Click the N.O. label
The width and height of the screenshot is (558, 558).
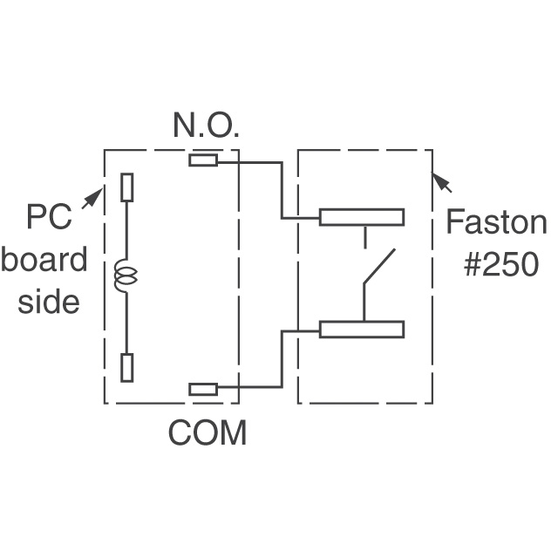(206, 126)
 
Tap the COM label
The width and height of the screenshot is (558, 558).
(208, 433)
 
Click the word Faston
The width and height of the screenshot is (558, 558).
(495, 223)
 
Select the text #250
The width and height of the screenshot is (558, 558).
(500, 264)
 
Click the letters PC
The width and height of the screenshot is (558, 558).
(49, 216)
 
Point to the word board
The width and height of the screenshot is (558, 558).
(44, 260)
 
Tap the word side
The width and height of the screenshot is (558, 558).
(49, 301)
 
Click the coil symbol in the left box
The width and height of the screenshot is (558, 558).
(126, 277)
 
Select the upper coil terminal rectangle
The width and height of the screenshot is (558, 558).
(127, 187)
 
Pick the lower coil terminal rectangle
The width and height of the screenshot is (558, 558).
(127, 367)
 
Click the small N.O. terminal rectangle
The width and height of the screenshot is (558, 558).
(203, 160)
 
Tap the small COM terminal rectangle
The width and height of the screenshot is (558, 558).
(203, 389)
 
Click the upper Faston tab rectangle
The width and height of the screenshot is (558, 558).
(361, 217)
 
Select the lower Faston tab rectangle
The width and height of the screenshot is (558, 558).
(361, 329)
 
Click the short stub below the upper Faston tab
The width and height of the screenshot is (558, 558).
(364, 237)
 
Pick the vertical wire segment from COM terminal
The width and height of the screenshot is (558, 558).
(282, 358)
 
